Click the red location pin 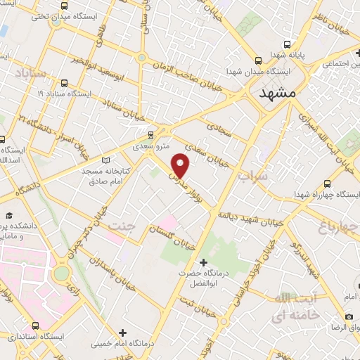(181, 164)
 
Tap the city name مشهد (278, 94)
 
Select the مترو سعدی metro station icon (150, 134)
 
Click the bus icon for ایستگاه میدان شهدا (259, 60)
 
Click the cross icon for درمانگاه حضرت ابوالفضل (203, 263)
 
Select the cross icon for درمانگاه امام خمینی (123, 332)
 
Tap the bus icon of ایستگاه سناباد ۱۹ (65, 82)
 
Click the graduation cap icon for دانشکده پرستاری (10, 215)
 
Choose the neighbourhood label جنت (121, 226)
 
